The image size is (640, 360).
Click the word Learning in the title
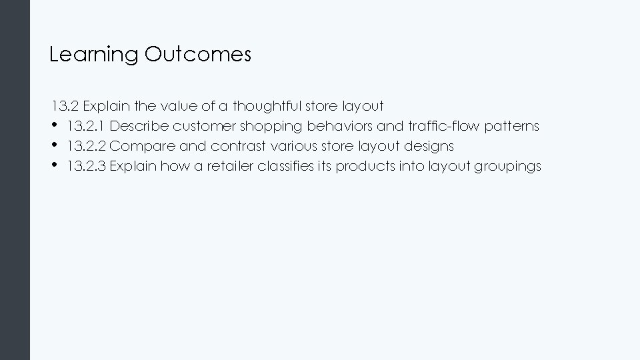[93, 55]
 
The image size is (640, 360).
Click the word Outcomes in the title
[197, 54]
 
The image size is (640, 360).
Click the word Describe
[138, 126]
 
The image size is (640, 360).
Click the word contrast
[237, 146]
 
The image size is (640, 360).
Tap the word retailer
[229, 166]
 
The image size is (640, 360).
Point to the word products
[360, 166]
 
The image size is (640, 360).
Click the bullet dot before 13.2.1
[53, 125]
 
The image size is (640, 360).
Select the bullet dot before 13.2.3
[53, 165]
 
